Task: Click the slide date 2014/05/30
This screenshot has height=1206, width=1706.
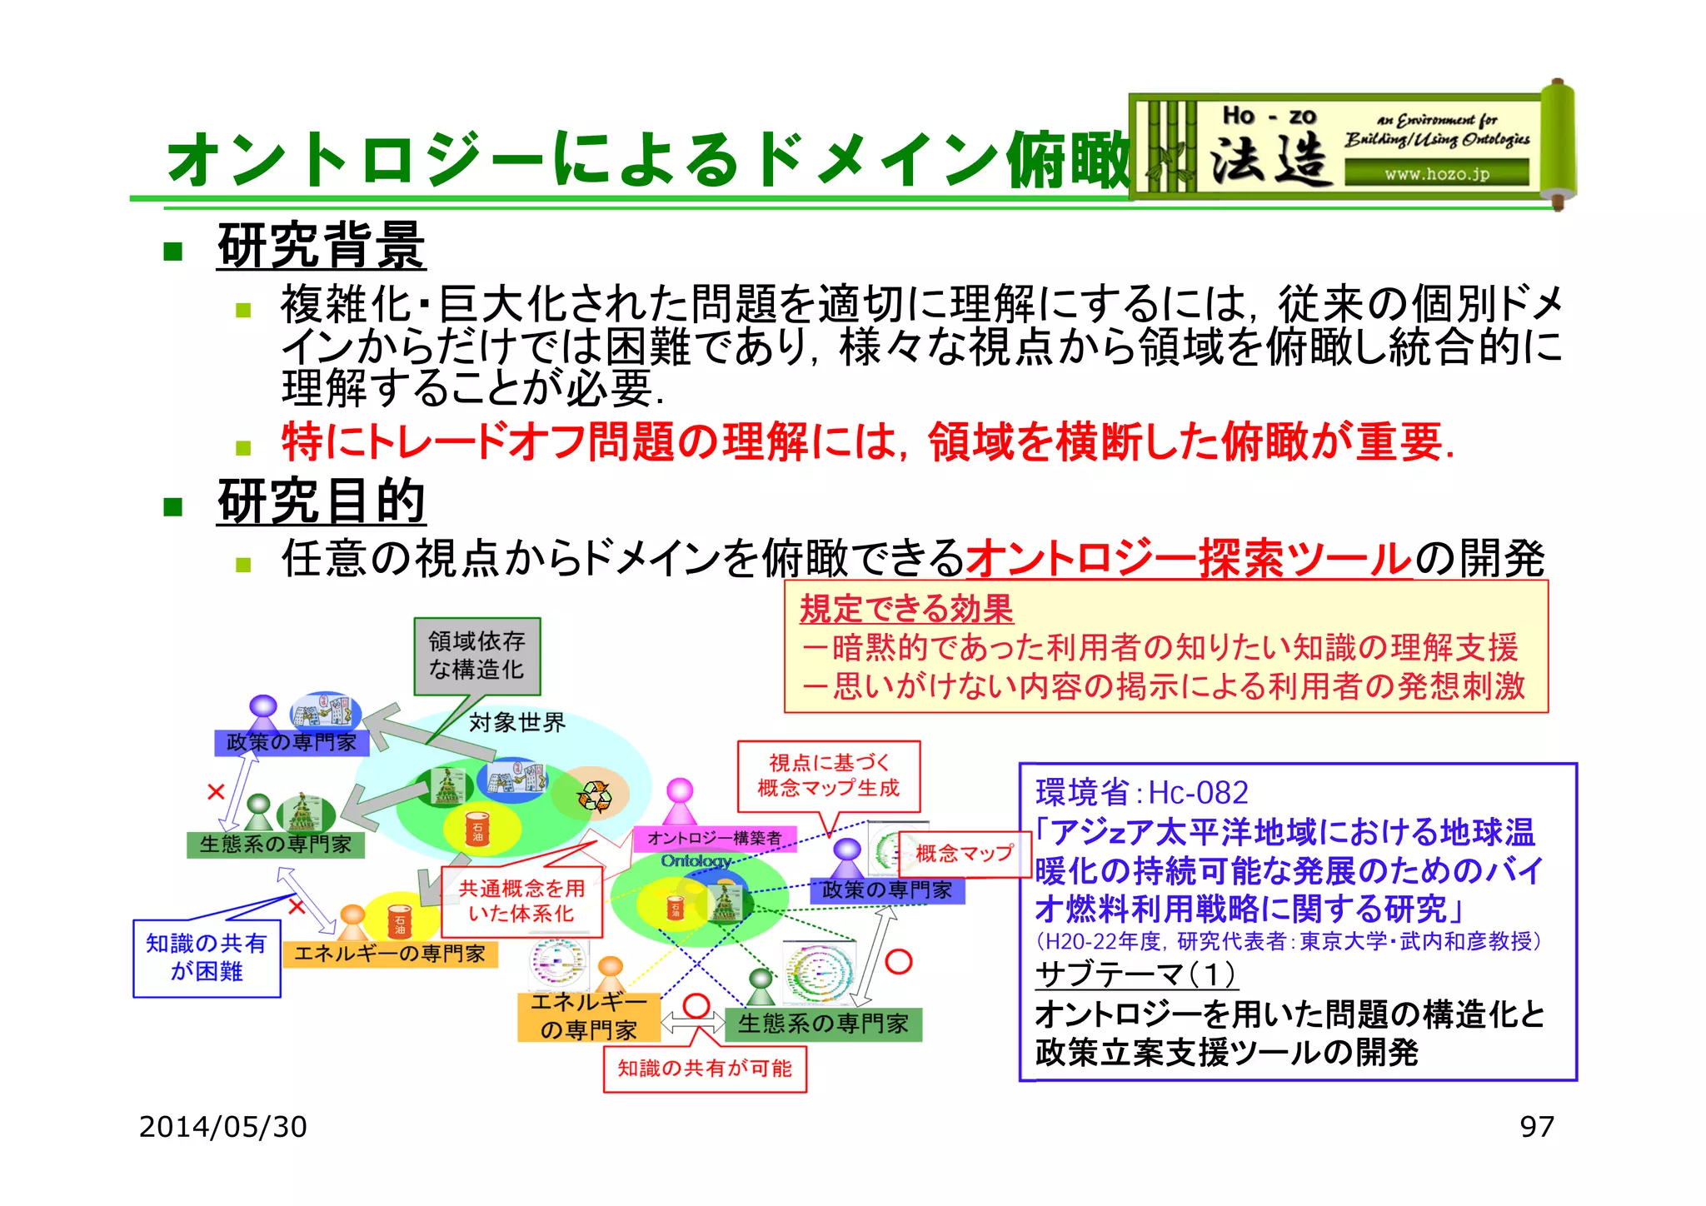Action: click(222, 1127)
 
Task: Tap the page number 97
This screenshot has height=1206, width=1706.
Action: click(1536, 1127)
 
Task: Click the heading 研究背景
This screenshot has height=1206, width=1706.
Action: click(321, 247)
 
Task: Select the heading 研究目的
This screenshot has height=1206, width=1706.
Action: click(321, 502)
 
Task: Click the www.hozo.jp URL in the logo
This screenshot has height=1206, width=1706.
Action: click(1436, 174)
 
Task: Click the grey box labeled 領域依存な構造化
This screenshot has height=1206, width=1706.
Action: click(476, 655)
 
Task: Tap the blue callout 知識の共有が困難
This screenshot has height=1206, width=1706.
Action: click(207, 957)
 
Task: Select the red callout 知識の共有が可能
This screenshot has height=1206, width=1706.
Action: click(705, 1068)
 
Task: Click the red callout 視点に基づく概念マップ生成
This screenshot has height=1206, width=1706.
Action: click(828, 775)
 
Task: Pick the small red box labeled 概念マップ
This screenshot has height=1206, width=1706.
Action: click(964, 854)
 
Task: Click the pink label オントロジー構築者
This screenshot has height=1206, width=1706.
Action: click(714, 838)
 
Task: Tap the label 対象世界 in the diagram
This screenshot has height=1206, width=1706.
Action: click(516, 722)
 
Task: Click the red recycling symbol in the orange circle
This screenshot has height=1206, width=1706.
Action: click(595, 796)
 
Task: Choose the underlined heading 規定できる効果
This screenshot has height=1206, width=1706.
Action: click(905, 609)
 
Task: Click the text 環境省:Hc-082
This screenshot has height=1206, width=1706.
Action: click(1141, 792)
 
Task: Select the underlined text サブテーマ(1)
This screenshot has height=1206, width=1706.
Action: click(1135, 974)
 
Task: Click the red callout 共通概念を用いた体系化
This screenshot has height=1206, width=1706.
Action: click(521, 901)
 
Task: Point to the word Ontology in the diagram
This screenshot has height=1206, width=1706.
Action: click(696, 860)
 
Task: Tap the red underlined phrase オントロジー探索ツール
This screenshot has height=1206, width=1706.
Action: click(1189, 559)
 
